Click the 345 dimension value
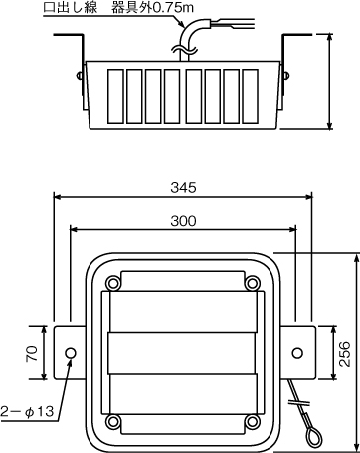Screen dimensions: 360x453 click(x=183, y=188)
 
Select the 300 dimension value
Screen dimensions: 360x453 click(x=183, y=221)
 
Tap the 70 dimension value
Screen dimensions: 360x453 click(x=32, y=353)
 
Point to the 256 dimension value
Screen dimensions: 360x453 click(x=345, y=354)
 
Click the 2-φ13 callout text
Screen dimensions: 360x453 click(x=27, y=412)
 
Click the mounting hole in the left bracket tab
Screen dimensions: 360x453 click(x=71, y=353)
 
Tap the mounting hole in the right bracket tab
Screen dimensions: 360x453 click(x=297, y=353)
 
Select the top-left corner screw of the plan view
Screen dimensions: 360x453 click(x=113, y=283)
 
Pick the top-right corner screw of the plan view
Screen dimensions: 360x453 click(x=253, y=283)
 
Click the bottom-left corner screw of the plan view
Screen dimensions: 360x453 click(x=113, y=421)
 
